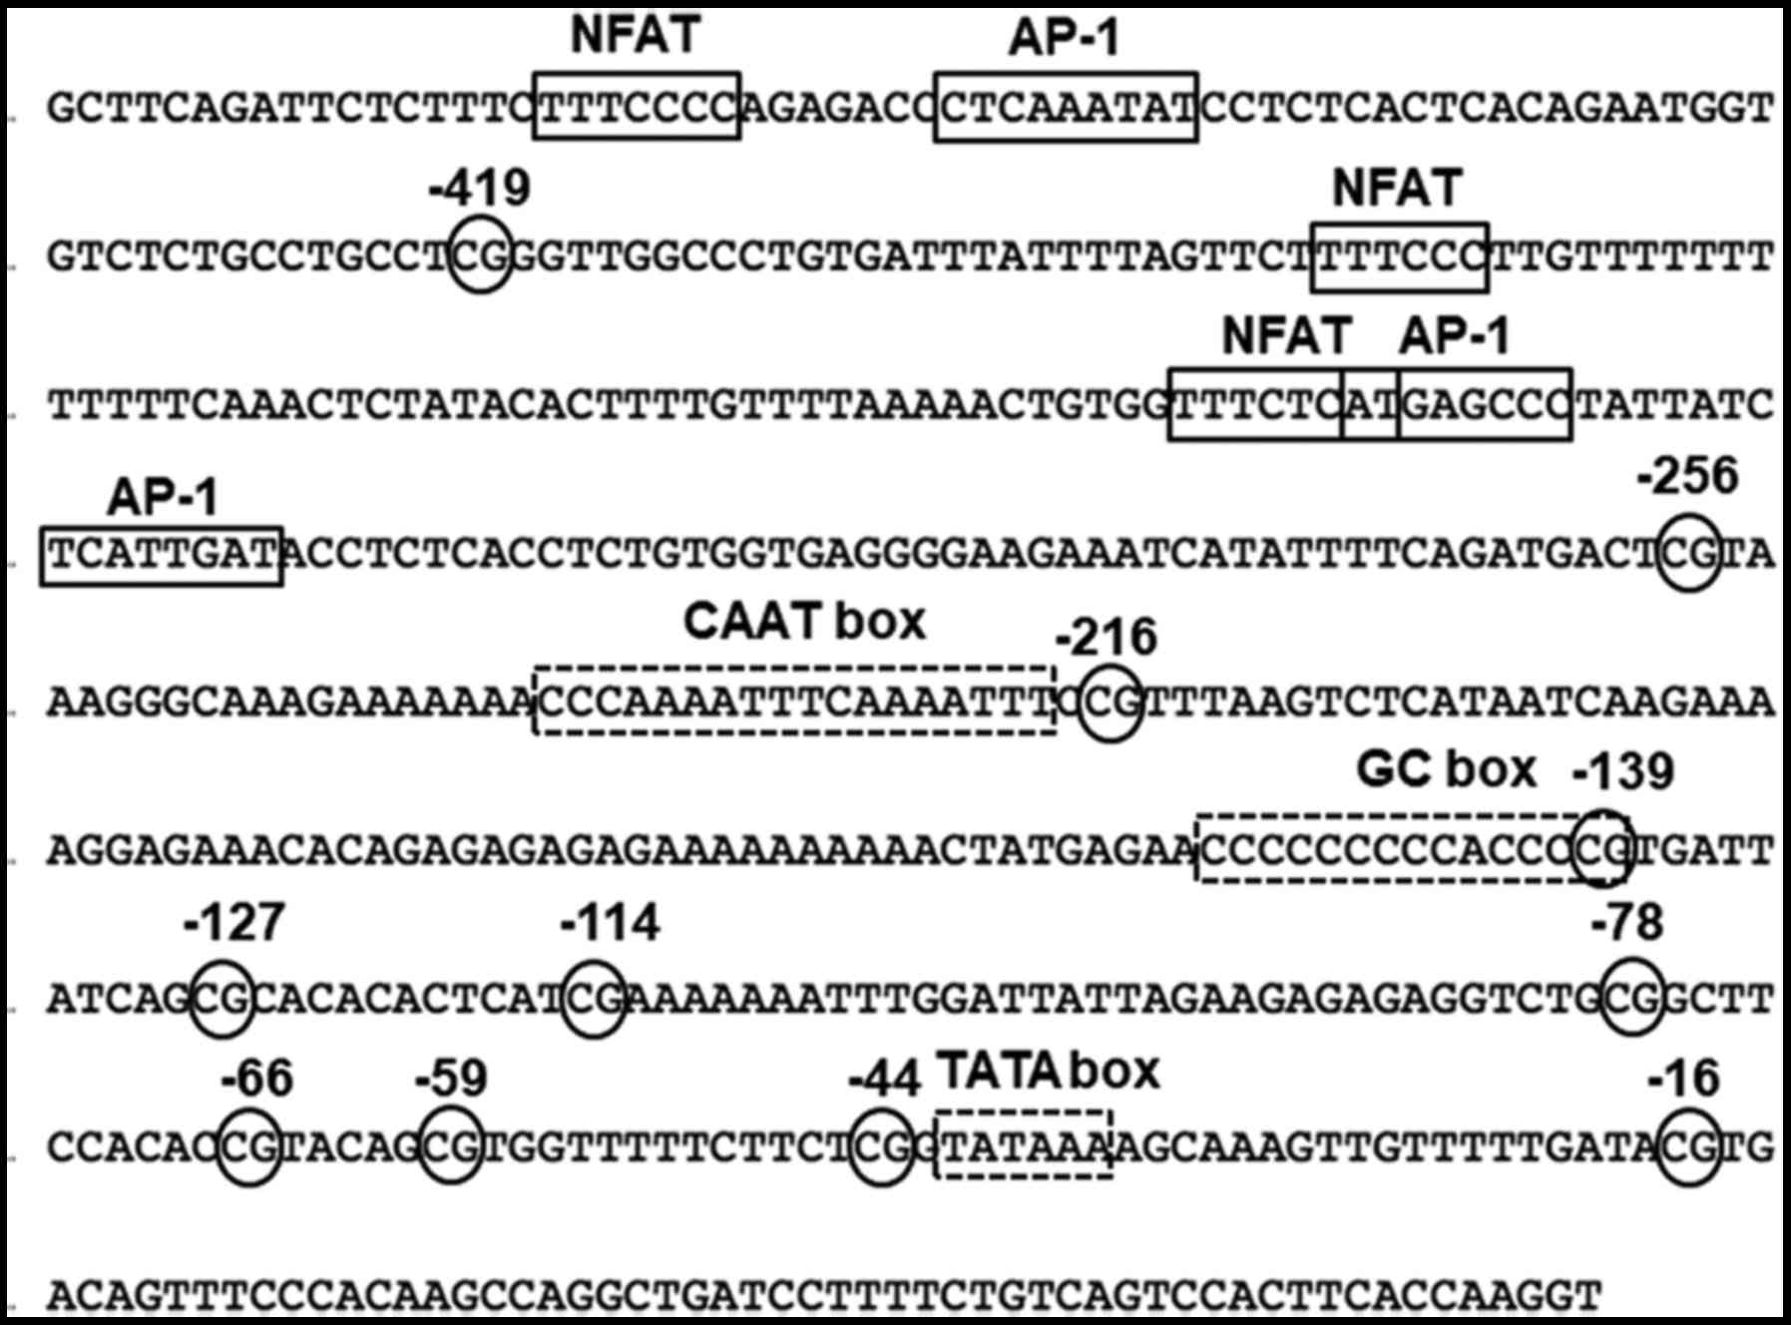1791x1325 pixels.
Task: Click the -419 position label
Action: [480, 188]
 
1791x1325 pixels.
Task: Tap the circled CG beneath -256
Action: [1688, 552]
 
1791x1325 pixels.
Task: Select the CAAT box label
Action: [804, 622]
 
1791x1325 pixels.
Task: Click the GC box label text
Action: [1446, 769]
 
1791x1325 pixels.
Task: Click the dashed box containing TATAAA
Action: [1024, 1144]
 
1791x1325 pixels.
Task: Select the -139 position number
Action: [1623, 771]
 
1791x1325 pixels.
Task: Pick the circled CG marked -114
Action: [594, 998]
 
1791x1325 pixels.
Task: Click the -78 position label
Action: [1627, 923]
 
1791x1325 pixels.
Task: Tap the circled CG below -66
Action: [249, 1146]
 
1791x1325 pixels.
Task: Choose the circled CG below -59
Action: [451, 1146]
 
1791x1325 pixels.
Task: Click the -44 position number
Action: [884, 1080]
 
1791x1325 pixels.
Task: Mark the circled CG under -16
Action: [1688, 1146]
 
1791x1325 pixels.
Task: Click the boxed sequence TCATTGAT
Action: [162, 555]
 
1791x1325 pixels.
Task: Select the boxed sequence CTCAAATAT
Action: [1066, 107]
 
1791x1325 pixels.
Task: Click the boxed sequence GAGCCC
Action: [1485, 404]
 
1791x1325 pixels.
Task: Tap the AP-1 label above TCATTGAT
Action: [163, 497]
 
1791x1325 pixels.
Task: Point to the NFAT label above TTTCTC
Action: [1287, 335]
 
